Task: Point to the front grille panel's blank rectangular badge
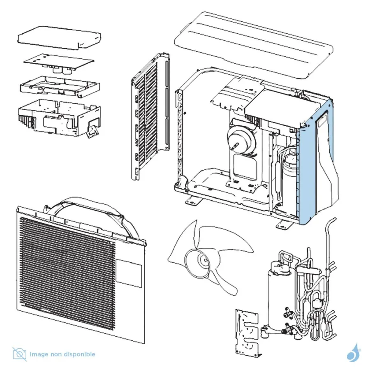(129, 273)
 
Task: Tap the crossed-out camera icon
(19, 354)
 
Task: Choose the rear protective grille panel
(150, 115)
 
